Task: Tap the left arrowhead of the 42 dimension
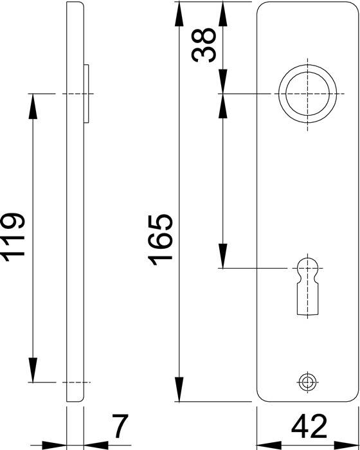[268, 444]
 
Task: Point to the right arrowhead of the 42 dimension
[345, 444]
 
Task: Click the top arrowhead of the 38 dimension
[222, 12]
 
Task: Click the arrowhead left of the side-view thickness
[57, 444]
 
